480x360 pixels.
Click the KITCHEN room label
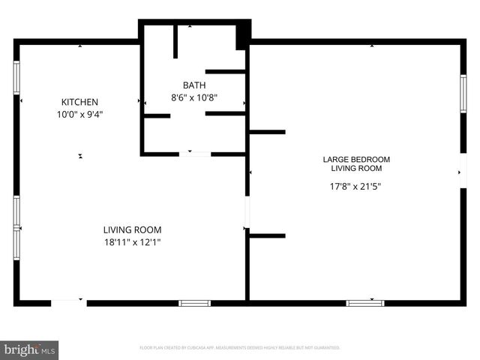(79, 102)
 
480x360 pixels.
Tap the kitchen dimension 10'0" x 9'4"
(79, 115)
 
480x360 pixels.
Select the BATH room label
(194, 85)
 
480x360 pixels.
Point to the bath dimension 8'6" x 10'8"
(194, 97)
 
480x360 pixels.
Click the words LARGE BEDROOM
(356, 160)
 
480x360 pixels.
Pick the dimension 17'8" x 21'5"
(356, 187)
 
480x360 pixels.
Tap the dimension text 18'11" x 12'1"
(132, 242)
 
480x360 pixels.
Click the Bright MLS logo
(29, 349)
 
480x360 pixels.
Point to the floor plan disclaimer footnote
(240, 348)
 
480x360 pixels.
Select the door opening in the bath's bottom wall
(195, 154)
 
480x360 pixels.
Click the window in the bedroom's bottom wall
(365, 303)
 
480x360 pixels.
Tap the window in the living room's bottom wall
(194, 303)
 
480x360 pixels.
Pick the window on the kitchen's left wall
(16, 76)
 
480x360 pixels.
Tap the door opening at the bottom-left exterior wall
(68, 303)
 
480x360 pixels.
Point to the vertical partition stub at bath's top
(175, 41)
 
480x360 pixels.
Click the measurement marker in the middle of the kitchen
(80, 156)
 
